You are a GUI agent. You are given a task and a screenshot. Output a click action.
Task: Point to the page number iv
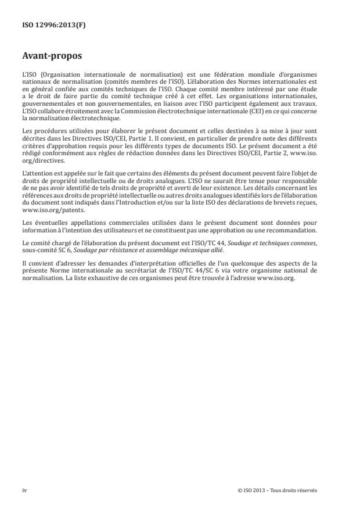click(x=24, y=490)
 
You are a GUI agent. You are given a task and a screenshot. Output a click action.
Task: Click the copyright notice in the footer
click(x=278, y=490)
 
